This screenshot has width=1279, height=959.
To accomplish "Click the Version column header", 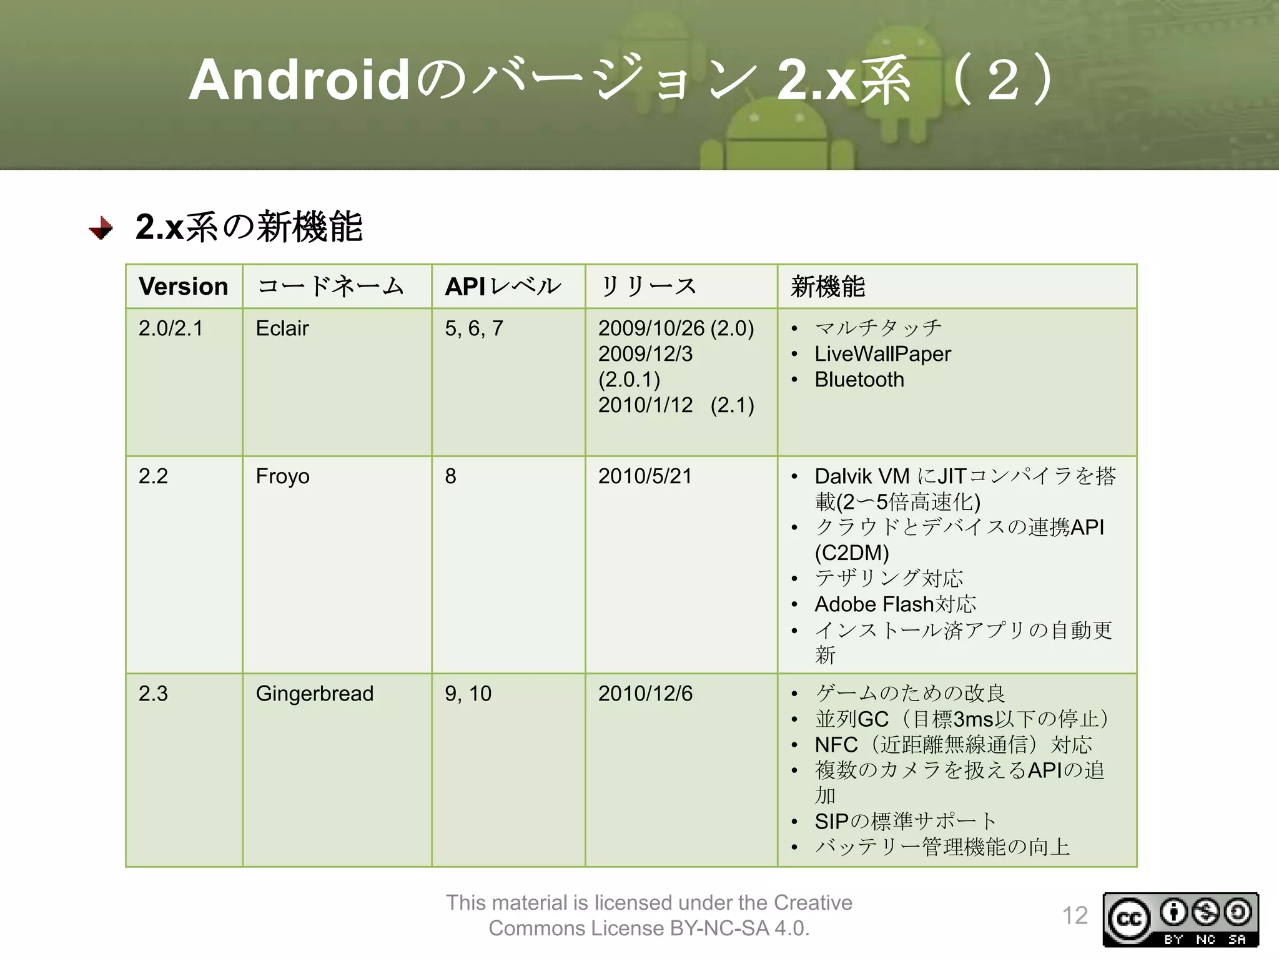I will pos(184,287).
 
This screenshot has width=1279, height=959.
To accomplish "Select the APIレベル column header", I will pos(503,287).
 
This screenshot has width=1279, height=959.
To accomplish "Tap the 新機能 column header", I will pos(827,287).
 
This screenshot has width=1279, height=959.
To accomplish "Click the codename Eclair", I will pos(282,328).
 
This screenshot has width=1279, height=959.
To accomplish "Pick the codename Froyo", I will pos(282,476).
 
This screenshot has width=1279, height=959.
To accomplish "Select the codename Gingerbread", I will pos(314,694).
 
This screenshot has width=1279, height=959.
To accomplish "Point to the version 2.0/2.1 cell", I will pos(170,328).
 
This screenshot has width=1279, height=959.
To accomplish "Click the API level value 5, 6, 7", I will pos(473,328).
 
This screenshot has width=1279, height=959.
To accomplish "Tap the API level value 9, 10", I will pos(468,694).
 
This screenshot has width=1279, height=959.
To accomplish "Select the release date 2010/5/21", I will pos(644,476).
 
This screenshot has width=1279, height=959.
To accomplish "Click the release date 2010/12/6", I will pos(645,694).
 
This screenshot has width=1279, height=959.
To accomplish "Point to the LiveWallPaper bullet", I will pos(882,354).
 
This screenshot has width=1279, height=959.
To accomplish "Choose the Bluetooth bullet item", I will pos(859,380).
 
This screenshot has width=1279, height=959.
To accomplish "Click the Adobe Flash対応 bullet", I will pos(895,604).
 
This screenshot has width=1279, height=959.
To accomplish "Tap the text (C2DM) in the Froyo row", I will pos(851,553).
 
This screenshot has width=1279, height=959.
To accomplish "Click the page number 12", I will pos(1075,916).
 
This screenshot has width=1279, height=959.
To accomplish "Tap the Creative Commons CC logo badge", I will pos(1129,919).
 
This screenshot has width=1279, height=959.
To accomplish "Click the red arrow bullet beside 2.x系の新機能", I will pos(101,228).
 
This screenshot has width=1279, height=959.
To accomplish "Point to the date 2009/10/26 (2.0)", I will pos(676,328).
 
